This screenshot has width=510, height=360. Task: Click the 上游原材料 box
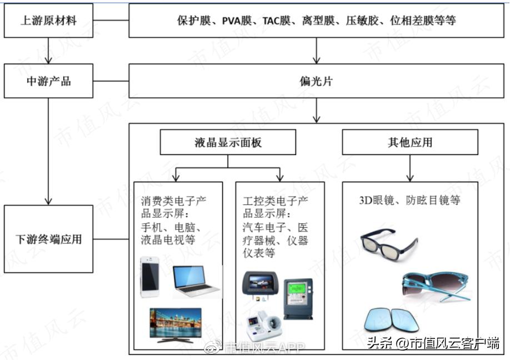click(48, 21)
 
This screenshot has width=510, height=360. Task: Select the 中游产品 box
click(48, 81)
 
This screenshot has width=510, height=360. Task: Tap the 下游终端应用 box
click(48, 239)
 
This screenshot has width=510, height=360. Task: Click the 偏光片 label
click(316, 81)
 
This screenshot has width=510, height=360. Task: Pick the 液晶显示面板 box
click(228, 142)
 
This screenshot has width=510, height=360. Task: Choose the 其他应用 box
click(409, 142)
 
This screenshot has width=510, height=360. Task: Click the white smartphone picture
click(150, 277)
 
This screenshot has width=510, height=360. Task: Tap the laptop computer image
click(196, 281)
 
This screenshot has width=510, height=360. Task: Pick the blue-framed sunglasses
click(436, 284)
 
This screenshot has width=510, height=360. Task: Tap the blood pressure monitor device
click(264, 328)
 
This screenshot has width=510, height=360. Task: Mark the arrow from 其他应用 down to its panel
click(410, 168)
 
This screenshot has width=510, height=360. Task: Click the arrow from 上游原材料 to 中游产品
click(48, 51)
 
